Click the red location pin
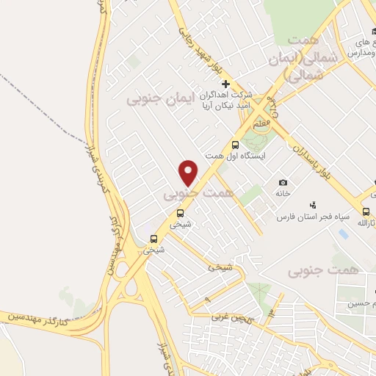[x=189, y=173]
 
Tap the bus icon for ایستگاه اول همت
[x=235, y=145]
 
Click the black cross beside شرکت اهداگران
[x=226, y=84]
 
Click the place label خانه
[x=283, y=195]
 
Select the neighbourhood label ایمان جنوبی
[x=158, y=98]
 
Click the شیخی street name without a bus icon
[x=220, y=268]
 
